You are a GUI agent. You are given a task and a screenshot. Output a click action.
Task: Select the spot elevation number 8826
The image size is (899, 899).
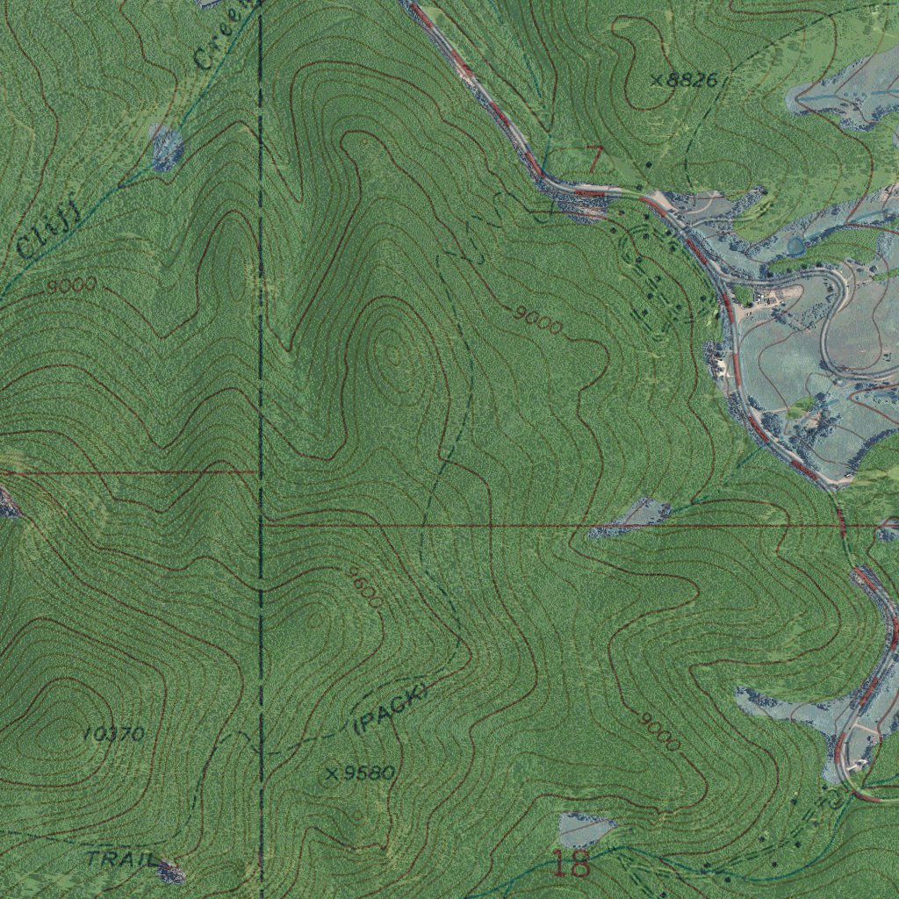point(692,81)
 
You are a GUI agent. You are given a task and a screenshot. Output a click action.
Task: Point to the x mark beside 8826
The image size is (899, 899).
point(657,81)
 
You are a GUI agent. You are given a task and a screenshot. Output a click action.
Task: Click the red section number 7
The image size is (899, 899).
point(594,159)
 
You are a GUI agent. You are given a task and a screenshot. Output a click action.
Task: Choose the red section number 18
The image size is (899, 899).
point(571,864)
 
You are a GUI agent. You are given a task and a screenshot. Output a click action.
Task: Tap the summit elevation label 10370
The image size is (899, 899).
point(115,734)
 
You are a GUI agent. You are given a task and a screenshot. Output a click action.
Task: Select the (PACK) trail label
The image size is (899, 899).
point(390,709)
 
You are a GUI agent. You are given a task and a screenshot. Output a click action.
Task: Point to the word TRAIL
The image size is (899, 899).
point(121,858)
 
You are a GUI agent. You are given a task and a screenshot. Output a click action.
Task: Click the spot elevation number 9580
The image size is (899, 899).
point(370,773)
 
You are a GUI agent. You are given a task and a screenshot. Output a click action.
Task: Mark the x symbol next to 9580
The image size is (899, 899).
point(332,774)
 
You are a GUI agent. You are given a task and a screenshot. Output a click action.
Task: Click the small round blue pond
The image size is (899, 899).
point(795,246)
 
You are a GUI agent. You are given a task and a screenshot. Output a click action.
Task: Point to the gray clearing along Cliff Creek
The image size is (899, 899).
point(167,146)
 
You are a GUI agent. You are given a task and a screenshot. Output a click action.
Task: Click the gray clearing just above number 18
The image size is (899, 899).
point(586,828)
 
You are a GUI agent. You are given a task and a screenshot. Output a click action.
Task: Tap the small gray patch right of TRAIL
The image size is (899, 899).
point(170,871)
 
